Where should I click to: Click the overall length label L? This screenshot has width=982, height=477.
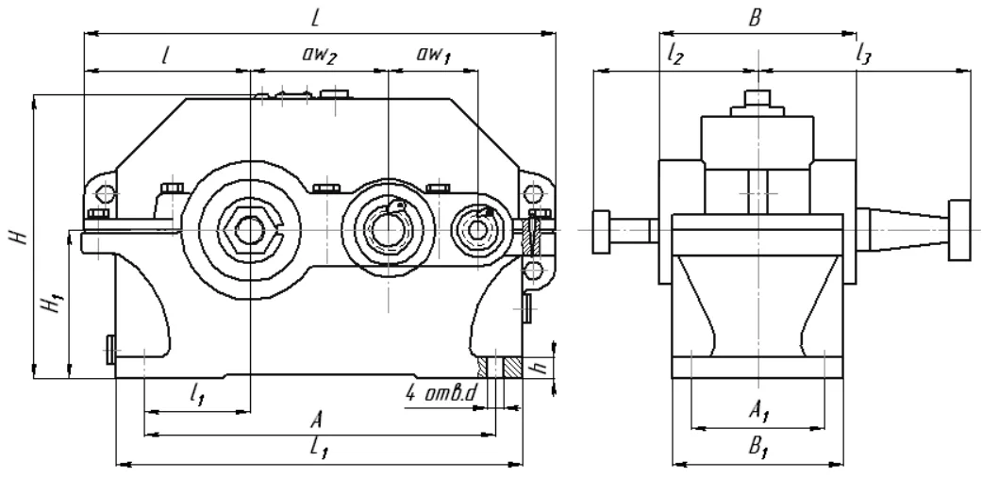316,18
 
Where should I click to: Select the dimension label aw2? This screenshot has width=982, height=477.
320,55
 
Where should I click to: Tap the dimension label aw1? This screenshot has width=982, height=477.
433,55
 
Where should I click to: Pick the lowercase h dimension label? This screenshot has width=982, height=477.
543,365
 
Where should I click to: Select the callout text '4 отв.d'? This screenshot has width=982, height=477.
441,393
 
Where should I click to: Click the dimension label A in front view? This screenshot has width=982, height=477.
316,420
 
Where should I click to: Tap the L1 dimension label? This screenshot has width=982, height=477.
320,450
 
